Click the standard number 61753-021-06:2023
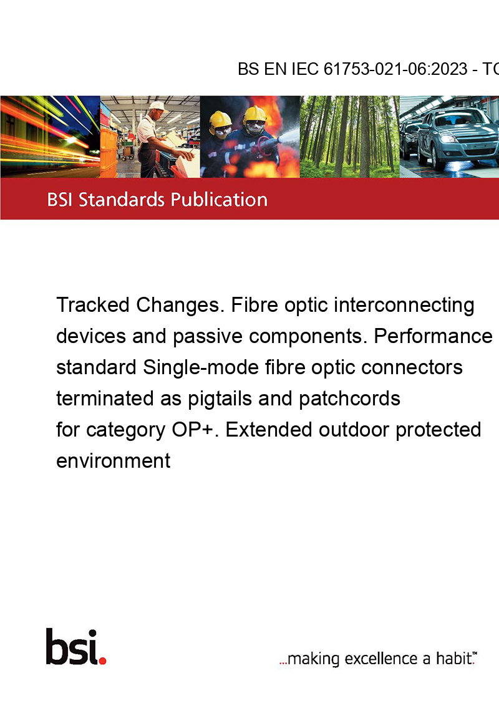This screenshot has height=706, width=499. (395, 69)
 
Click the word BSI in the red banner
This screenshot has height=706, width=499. (61, 200)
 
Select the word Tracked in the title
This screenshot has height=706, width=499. (93, 305)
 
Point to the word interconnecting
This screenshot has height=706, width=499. (404, 306)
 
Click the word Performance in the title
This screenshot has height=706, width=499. (434, 336)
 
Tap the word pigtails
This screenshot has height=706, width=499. (220, 399)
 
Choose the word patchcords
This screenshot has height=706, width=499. (349, 399)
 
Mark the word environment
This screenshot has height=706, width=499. (113, 462)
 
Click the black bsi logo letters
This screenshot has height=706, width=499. (72, 647)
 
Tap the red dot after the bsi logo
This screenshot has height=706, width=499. (102, 661)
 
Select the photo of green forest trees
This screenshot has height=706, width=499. (349, 137)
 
